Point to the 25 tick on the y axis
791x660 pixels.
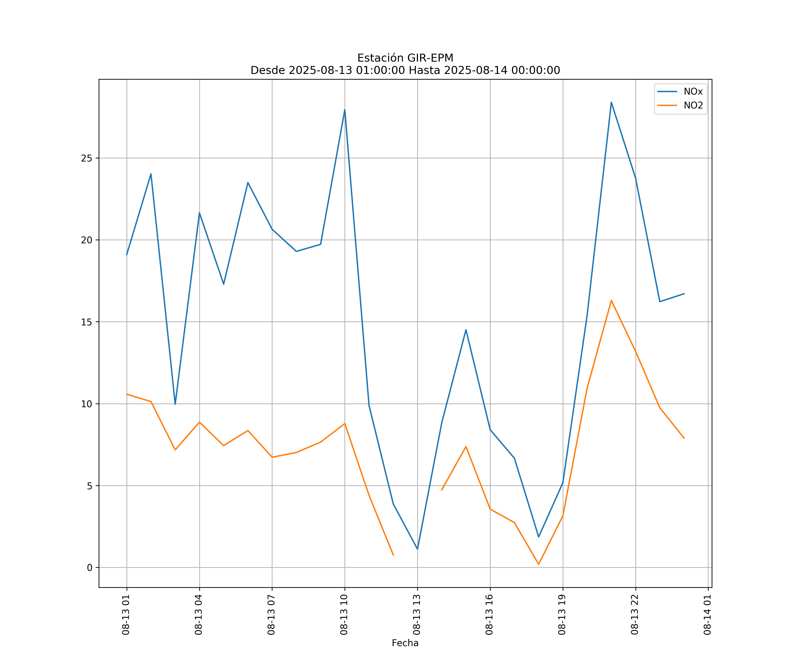[87, 158]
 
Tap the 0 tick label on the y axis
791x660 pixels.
[89, 568]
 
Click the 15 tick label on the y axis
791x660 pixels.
[87, 322]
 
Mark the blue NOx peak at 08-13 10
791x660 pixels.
[345, 110]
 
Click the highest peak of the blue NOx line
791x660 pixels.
[611, 102]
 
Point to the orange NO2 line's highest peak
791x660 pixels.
[611, 301]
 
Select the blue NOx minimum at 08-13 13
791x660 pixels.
[417, 549]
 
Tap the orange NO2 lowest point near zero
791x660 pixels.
[539, 564]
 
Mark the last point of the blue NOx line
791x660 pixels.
[684, 293]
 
